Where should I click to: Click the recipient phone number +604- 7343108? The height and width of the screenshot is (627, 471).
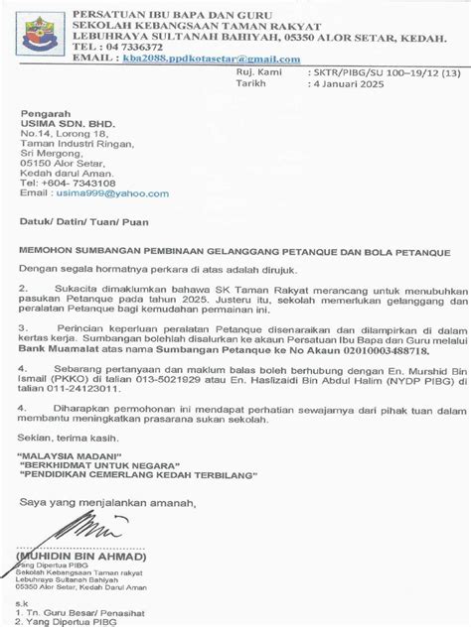tap(80, 184)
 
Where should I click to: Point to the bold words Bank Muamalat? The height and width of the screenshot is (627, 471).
tap(54, 350)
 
